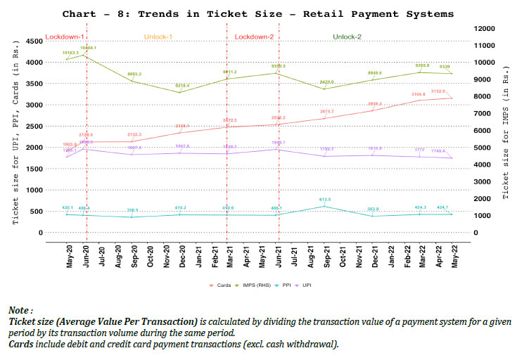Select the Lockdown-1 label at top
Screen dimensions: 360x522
pyautogui.click(x=65, y=37)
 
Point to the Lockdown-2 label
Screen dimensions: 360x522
pyautogui.click(x=254, y=37)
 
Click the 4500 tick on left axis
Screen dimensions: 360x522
pyautogui.click(x=32, y=41)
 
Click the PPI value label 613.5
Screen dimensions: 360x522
pyautogui.click(x=324, y=199)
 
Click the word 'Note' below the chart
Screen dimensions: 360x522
pyautogui.click(x=19, y=310)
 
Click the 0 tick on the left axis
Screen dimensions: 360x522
pyautogui.click(x=40, y=233)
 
